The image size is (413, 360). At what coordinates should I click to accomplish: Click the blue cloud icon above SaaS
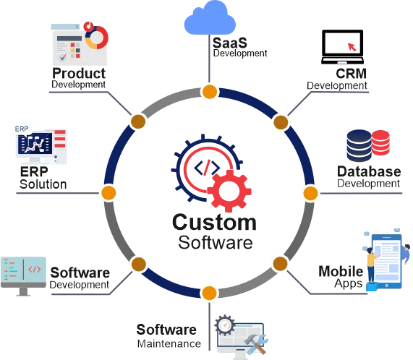(x=210, y=18)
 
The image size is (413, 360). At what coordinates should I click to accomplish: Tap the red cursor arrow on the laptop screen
(x=352, y=46)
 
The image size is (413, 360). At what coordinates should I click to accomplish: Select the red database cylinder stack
(x=381, y=142)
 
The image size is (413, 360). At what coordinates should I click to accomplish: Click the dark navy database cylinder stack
(x=359, y=145)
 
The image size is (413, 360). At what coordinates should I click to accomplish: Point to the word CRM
(x=351, y=74)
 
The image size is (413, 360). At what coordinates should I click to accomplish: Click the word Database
(x=369, y=171)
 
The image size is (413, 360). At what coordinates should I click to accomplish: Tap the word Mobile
(x=341, y=271)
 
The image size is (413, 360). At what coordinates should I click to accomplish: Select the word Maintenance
(x=169, y=343)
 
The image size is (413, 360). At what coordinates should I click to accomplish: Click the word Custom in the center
(x=214, y=223)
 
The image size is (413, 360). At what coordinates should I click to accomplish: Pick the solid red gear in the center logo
(x=229, y=191)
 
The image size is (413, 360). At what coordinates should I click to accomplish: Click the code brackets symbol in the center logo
(x=207, y=168)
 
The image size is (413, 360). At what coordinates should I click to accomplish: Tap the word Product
(x=79, y=73)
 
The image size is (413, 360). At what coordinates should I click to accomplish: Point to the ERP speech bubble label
(x=22, y=129)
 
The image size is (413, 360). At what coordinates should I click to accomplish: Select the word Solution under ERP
(x=43, y=184)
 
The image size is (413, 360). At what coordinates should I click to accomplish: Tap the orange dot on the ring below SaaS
(x=210, y=92)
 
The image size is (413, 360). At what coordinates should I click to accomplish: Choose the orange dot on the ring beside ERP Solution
(x=108, y=192)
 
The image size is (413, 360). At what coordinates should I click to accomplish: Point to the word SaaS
(x=230, y=43)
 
